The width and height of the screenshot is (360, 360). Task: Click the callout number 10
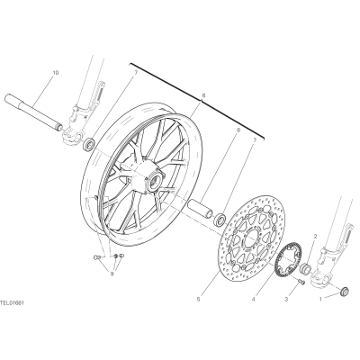tap(56, 73)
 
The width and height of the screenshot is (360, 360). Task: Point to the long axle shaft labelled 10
tap(33, 112)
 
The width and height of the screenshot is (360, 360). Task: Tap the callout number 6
tap(203, 95)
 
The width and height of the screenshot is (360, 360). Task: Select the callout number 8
tap(238, 130)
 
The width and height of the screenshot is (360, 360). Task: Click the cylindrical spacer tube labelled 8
tap(200, 207)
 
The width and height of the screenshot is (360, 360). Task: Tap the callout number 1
tap(320, 299)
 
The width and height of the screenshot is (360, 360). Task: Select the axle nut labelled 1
tap(344, 291)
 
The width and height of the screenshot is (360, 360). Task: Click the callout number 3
tap(286, 299)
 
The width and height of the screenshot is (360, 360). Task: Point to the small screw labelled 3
tap(301, 281)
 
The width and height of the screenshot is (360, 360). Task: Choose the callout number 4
tap(254, 299)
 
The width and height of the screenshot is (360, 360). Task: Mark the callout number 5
tap(199, 299)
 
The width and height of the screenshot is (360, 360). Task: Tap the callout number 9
tap(112, 274)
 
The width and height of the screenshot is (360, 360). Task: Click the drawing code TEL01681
tap(12, 303)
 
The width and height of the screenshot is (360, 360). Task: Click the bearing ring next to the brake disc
tap(220, 219)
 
